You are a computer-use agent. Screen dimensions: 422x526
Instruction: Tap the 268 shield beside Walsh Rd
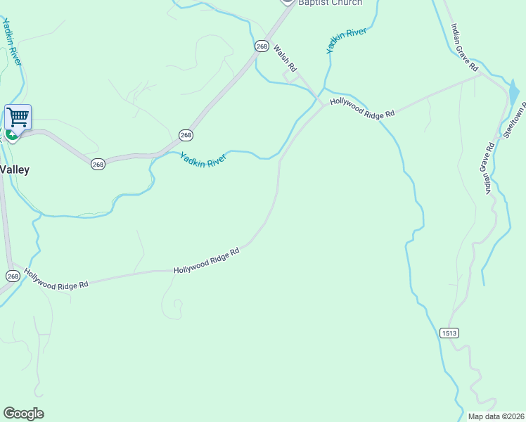click(x=262, y=46)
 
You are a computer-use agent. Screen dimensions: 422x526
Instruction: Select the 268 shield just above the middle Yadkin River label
click(x=186, y=135)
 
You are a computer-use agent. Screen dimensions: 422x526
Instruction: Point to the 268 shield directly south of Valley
click(x=13, y=276)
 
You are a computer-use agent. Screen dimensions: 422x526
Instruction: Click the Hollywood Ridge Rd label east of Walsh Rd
click(x=363, y=107)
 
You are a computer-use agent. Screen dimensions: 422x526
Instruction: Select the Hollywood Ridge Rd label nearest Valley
click(x=56, y=279)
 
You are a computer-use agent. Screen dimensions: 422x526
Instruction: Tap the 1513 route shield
click(x=451, y=333)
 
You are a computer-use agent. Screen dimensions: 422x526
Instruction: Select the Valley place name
click(x=14, y=170)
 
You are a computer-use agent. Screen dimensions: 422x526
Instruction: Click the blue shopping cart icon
click(x=18, y=117)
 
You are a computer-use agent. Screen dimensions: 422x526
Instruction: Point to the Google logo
click(x=23, y=414)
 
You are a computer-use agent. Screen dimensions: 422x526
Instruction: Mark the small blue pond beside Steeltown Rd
click(x=513, y=94)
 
